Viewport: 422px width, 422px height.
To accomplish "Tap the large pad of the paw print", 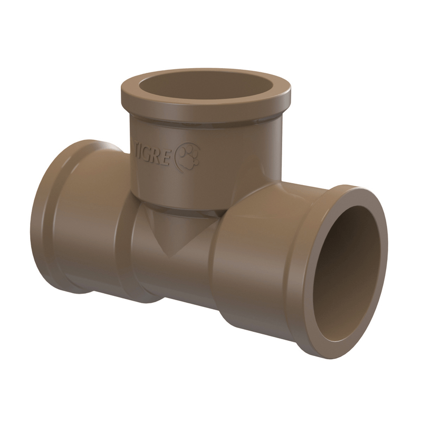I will click(x=188, y=160).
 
